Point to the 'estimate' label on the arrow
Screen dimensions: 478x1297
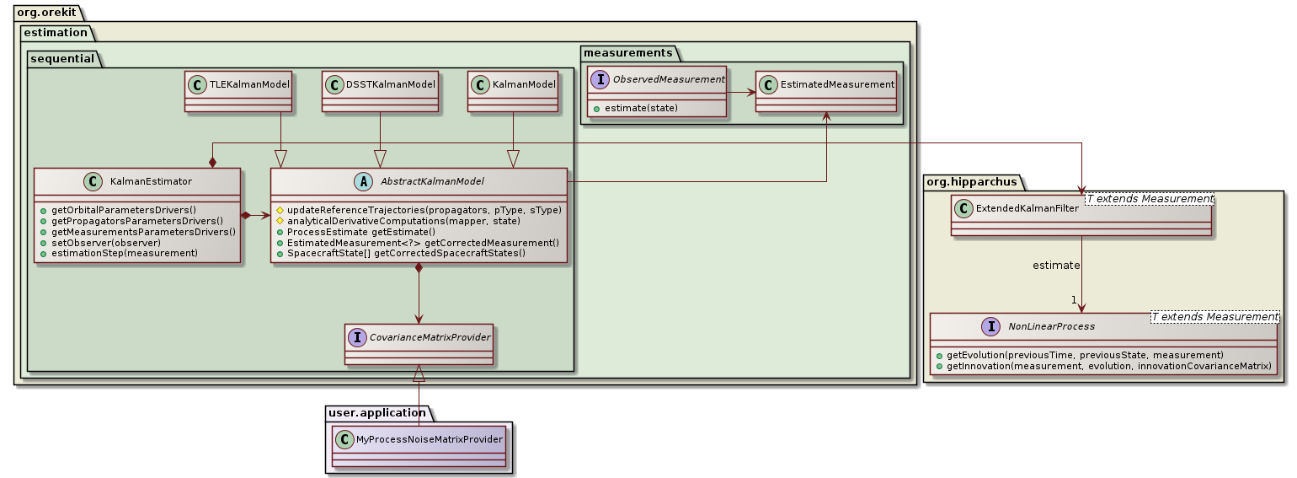(x=1056, y=266)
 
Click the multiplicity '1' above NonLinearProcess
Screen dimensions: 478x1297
(x=1074, y=299)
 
